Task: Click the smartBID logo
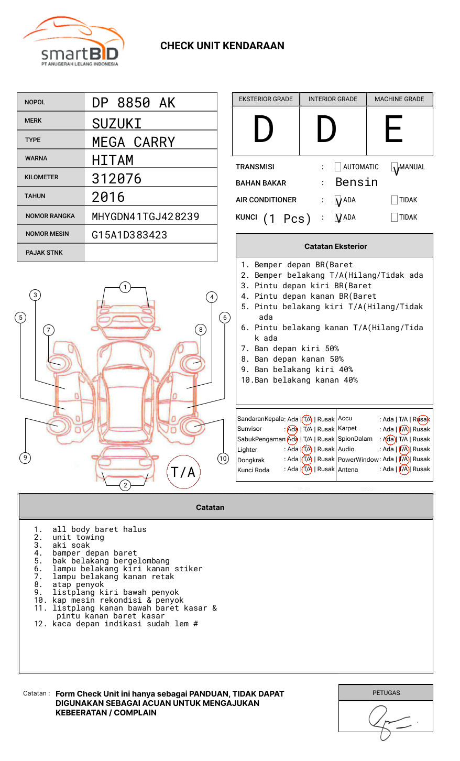pos(73,42)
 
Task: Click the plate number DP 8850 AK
pos(134,103)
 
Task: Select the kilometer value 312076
pos(117,179)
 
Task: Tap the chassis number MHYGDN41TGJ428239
pos(146,216)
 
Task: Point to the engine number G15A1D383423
pos(129,235)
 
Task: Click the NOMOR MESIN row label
pos(47,234)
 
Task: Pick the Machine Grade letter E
pos(393,129)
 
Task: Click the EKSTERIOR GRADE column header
pos(266,99)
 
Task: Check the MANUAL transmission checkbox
pos(395,167)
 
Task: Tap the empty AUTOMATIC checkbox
pos(338,167)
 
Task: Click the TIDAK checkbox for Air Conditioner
pos(395,200)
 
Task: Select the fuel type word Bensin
pos(356,182)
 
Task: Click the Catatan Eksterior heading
pos(335,246)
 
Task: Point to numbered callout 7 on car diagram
pos(49,330)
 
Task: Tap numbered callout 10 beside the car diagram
pos(223,459)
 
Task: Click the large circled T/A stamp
pos(183,472)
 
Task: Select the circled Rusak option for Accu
pos(421,419)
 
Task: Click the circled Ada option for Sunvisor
pos(292,429)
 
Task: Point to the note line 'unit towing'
pos(78,537)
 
